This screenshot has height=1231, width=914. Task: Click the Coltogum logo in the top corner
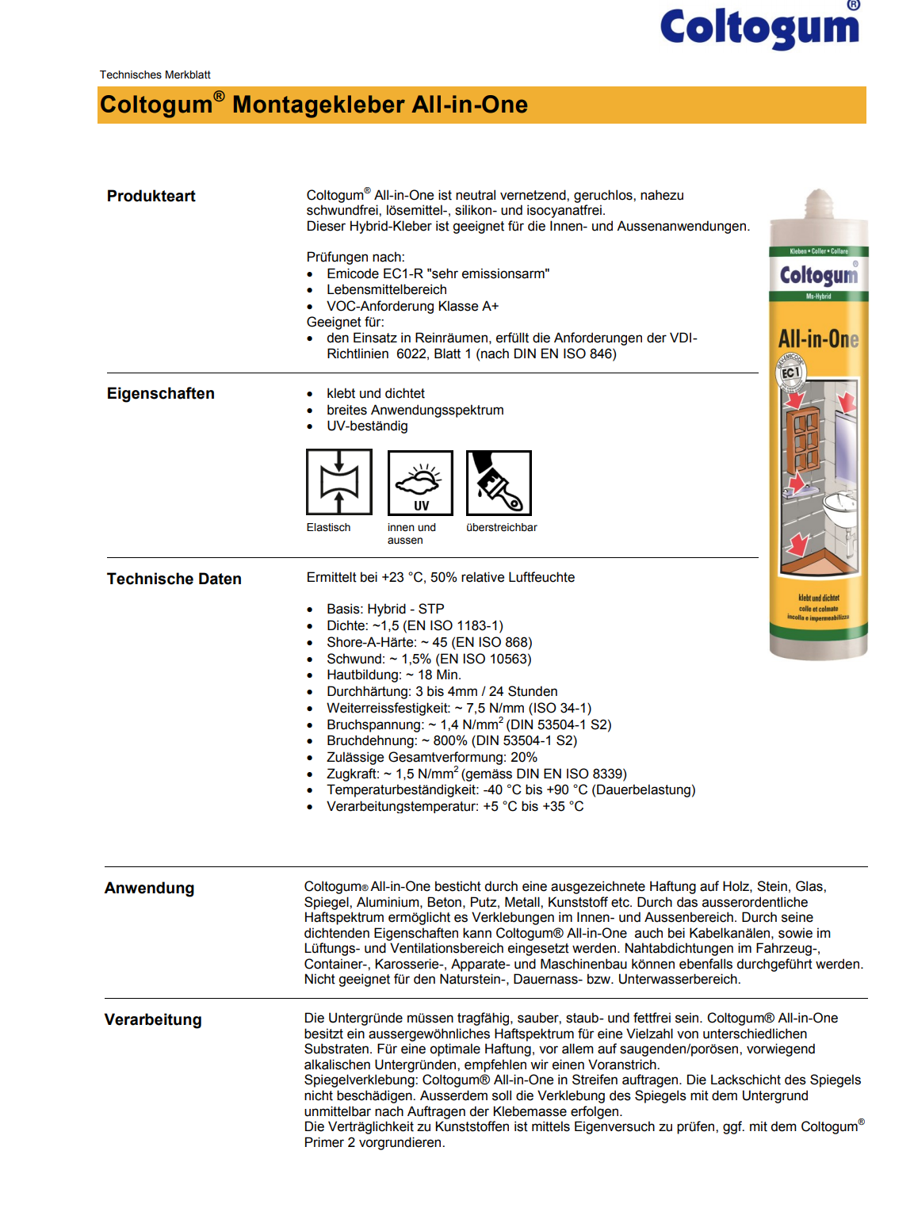759,28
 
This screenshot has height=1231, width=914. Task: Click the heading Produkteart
151,197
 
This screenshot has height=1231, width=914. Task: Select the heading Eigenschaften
160,394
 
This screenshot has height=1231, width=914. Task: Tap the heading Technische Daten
174,579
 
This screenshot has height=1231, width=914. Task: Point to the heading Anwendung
149,889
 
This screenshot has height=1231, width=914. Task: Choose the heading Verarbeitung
153,1020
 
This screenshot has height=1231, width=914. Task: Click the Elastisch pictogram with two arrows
339,482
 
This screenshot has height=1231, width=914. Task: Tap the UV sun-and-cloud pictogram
420,482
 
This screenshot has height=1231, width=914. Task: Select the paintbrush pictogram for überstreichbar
499,482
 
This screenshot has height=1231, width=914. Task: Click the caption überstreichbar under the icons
501,528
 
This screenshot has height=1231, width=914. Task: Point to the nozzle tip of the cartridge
819,196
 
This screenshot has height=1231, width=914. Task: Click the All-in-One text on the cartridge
818,339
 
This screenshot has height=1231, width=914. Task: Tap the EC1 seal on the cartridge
790,373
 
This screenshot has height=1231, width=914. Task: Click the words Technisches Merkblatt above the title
155,75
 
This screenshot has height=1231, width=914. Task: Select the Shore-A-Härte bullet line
429,643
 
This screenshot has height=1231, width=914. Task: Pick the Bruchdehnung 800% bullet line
451,741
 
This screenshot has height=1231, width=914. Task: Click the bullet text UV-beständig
367,426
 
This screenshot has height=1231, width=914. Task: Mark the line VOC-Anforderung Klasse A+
412,307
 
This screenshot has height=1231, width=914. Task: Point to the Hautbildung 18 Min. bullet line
393,675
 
